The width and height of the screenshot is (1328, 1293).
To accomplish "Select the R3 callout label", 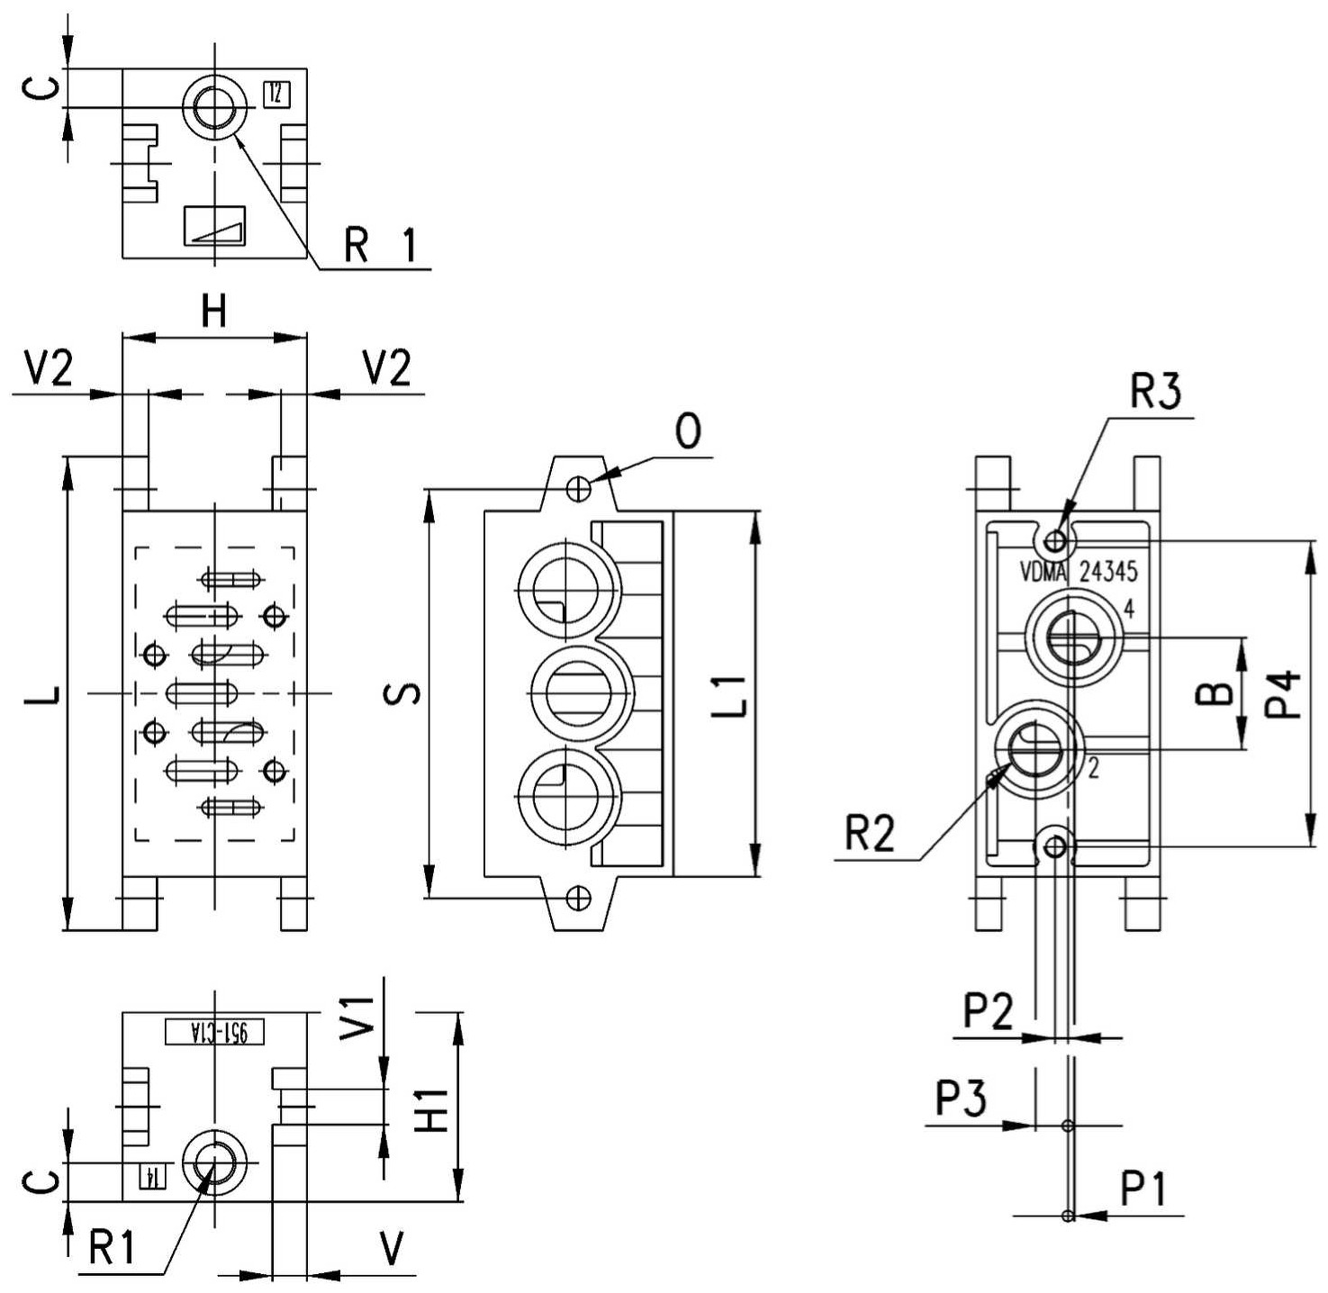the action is pos(1155,392).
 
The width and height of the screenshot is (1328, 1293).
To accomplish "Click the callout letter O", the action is pos(687,432).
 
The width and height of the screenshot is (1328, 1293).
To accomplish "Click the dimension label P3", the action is pos(960,1098).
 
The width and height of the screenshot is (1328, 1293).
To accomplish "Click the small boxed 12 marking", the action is pos(276,95).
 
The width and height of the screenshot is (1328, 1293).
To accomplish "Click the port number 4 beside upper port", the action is pos(1129,610).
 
